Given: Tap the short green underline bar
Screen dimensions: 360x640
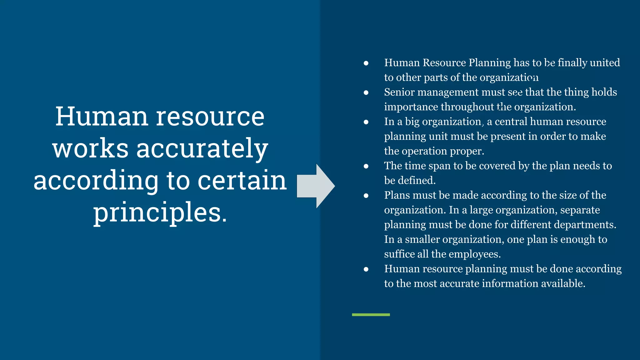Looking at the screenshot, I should pyautogui.click(x=371, y=315).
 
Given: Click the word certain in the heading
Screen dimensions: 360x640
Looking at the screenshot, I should pyautogui.click(x=242, y=181).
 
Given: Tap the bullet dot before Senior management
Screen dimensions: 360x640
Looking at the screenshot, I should pyautogui.click(x=366, y=93).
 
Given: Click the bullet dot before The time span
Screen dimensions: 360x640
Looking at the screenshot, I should pyautogui.click(x=366, y=166).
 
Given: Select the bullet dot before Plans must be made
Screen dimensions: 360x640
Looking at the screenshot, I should pyautogui.click(x=366, y=196).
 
